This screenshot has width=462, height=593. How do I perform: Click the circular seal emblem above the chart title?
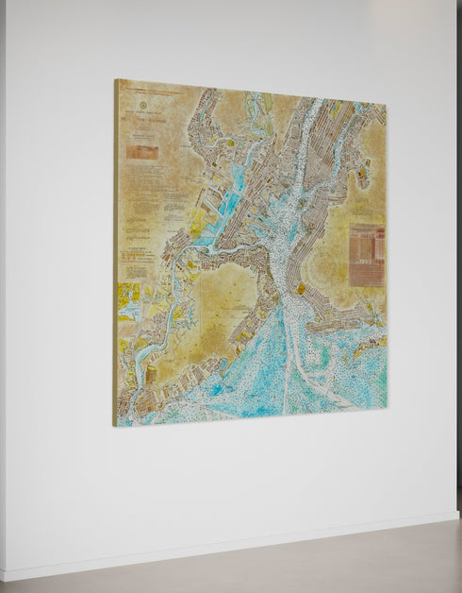tap(143, 106)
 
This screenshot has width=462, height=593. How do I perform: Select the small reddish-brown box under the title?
tap(141, 150)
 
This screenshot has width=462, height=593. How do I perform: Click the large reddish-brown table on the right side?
tap(366, 253)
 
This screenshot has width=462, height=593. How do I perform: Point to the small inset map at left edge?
tap(128, 297)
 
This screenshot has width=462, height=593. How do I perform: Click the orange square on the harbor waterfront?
tap(301, 289)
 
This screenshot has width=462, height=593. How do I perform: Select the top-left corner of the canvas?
tap(116, 80)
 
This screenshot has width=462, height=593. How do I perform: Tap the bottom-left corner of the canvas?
tap(115, 425)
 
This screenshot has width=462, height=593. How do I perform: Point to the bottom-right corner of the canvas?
tap(387, 408)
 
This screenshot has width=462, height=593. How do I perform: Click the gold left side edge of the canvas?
tap(116, 255)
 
